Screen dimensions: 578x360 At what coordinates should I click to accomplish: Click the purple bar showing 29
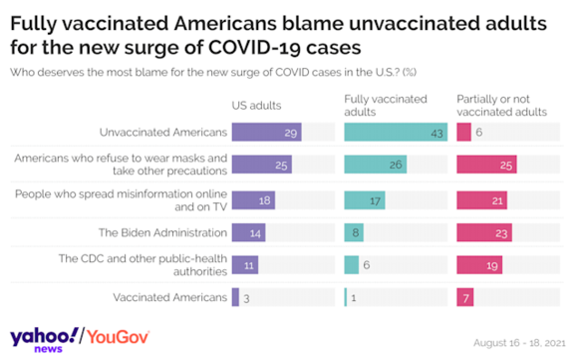pos(266,132)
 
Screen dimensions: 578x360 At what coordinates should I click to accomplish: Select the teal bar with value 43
pos(396,132)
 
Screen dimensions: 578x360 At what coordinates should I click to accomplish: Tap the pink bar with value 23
pos(484,232)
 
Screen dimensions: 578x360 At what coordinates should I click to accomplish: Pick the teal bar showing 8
pos(354,232)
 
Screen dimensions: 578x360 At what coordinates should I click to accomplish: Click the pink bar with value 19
pos(479,265)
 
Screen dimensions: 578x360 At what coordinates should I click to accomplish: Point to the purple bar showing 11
pos(245,265)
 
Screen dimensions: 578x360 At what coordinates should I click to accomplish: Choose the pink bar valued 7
pos(465,297)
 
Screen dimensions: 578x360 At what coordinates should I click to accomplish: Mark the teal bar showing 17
pos(365,200)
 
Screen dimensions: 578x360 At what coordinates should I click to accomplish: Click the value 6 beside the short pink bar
pos(478,132)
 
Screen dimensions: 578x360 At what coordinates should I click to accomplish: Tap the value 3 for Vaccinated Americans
pos(246,298)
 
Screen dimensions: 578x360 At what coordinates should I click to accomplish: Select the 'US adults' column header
pos(256,106)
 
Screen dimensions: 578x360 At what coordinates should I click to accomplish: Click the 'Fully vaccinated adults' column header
pos(386,106)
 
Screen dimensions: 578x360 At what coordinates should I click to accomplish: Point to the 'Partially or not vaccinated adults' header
pos(502,106)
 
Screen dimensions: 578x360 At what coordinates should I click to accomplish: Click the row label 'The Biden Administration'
pos(162,232)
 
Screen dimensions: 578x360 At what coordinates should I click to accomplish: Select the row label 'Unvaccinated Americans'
pos(163,132)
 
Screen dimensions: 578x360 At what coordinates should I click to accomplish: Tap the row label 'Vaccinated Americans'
pos(170,297)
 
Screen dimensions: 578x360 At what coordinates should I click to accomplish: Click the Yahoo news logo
pos(44,339)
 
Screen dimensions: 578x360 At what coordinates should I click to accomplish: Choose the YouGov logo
pos(118,337)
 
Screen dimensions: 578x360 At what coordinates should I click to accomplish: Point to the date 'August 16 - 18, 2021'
pos(519,343)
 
